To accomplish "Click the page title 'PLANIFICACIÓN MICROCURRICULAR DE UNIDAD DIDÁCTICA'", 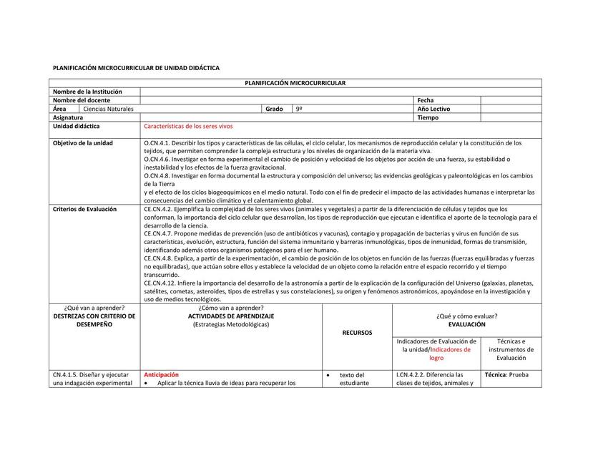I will click(x=136, y=67).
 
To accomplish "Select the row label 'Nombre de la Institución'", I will click(x=87, y=92).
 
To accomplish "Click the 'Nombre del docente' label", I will click(x=80, y=100).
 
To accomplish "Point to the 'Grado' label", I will click(x=274, y=109).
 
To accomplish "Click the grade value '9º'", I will click(x=299, y=109).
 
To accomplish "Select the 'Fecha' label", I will click(x=426, y=100).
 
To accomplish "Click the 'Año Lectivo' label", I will click(x=433, y=109).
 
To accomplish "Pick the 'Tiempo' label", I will click(x=428, y=117).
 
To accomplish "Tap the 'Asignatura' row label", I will click(x=68, y=117).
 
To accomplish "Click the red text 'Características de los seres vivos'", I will click(x=188, y=126).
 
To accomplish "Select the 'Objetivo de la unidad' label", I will click(x=82, y=143).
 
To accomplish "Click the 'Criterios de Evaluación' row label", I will click(x=84, y=209).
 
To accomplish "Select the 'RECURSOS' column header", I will click(x=357, y=333).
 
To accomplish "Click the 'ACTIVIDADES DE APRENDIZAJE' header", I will click(x=230, y=316).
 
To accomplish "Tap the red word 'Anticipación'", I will click(x=161, y=374).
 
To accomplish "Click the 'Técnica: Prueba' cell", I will click(x=506, y=374).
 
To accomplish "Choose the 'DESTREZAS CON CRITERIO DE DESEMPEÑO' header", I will click(x=94, y=320).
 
